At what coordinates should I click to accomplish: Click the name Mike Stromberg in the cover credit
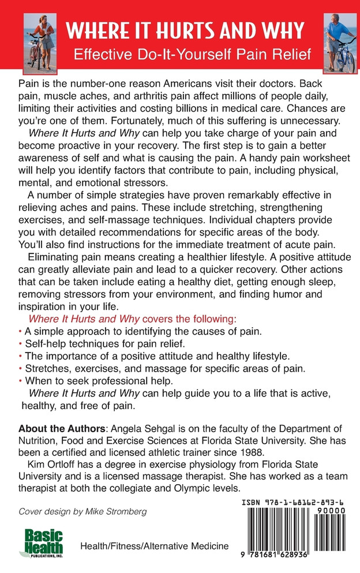[122, 511]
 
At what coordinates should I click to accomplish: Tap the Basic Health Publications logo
[44, 544]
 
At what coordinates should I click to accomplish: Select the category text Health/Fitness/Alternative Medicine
[154, 546]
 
